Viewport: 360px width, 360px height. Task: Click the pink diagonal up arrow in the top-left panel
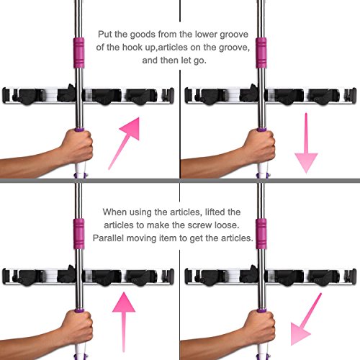[124, 143]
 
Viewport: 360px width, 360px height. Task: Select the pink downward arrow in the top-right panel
[306, 143]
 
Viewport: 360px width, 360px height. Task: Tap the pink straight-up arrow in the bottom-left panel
[124, 322]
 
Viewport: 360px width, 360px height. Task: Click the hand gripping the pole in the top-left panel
[78, 147]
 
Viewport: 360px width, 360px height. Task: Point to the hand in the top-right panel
[260, 147]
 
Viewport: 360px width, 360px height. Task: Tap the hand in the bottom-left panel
[78, 328]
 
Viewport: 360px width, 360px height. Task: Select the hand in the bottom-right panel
[260, 328]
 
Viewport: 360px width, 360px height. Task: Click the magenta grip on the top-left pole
[78, 53]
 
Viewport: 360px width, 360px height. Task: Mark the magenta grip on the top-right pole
[261, 53]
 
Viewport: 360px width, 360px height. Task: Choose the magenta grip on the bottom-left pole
[78, 234]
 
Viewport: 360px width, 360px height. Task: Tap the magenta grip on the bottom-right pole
[261, 234]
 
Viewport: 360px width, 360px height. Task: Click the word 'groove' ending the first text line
[234, 35]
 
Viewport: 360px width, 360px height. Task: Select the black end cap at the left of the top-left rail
[5, 96]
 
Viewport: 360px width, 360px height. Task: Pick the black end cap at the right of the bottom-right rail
[354, 276]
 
